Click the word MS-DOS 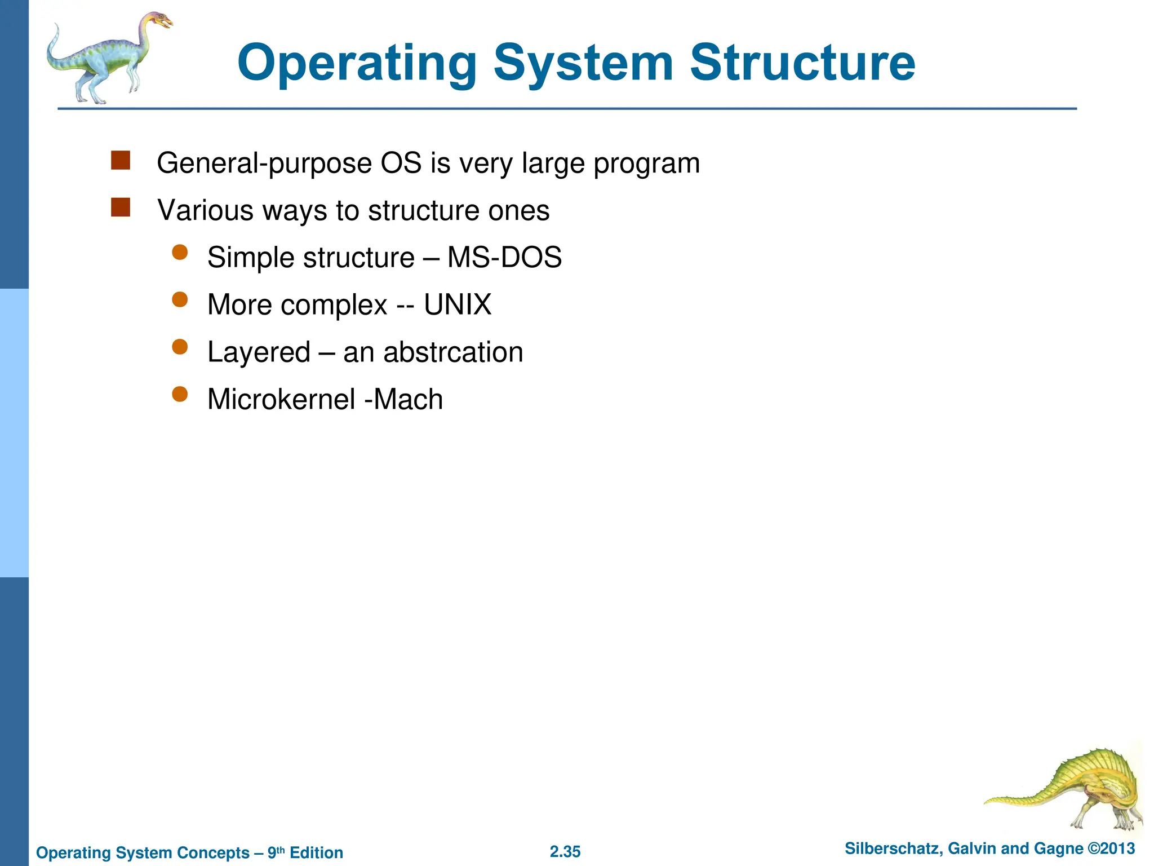coord(504,258)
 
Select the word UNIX coord(458,305)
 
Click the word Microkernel coord(281,400)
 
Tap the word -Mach coord(404,400)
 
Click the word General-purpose coord(264,164)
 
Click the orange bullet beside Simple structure coord(180,252)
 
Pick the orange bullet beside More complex coord(180,299)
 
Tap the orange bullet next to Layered coord(180,347)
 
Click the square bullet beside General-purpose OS coord(121,160)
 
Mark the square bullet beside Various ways coord(121,207)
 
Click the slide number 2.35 coord(565,852)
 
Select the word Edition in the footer coord(316,852)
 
